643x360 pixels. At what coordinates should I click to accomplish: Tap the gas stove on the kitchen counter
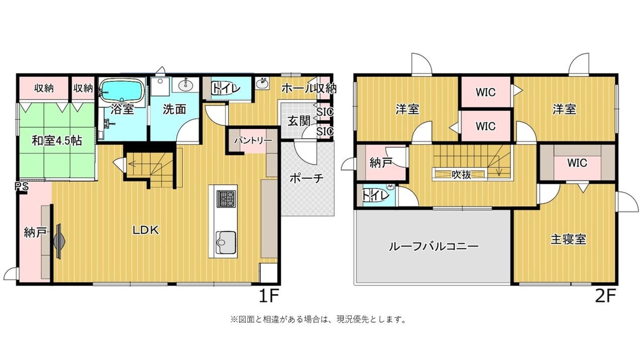click(226, 198)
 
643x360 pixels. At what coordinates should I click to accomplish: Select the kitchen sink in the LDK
click(226, 242)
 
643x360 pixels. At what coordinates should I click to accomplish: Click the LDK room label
click(146, 230)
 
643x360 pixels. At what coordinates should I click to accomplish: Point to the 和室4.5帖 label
click(57, 141)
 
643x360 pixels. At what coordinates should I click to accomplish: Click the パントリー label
click(253, 141)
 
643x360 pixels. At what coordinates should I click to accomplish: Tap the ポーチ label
click(306, 178)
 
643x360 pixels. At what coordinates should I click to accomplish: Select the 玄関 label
click(299, 121)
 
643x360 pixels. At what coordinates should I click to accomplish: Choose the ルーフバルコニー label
click(434, 247)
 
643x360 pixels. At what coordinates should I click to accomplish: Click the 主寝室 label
click(568, 239)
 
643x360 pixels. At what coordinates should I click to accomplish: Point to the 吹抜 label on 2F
click(461, 174)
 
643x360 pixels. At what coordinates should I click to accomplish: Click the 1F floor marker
click(269, 296)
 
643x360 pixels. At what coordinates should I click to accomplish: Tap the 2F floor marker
click(605, 296)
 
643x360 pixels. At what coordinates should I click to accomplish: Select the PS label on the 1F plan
click(22, 187)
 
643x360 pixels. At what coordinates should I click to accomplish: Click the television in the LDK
click(59, 242)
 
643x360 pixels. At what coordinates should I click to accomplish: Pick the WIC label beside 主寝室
click(577, 163)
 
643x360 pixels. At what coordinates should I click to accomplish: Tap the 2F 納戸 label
click(381, 163)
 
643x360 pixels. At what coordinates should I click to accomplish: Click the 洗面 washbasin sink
click(185, 85)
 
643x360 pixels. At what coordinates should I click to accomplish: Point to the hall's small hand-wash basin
click(262, 83)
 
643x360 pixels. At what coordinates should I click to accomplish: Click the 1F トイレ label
click(226, 88)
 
